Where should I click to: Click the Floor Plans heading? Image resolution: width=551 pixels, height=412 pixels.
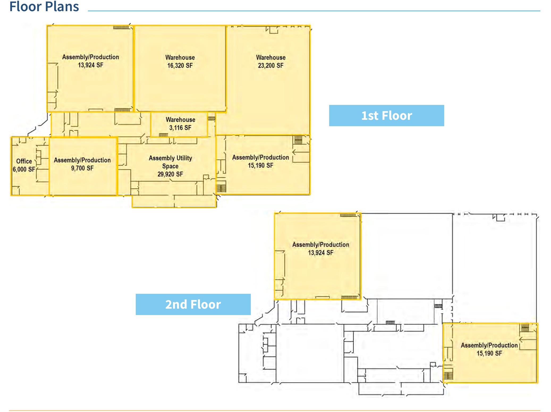pyautogui.click(x=44, y=6)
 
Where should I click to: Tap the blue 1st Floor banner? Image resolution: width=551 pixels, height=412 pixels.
pyautogui.click(x=387, y=116)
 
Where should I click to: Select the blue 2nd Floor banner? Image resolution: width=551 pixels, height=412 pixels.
pyautogui.click(x=193, y=304)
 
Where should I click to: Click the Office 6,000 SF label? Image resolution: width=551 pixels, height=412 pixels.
pyautogui.click(x=24, y=165)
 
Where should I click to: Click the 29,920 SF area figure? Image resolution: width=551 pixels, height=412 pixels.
pyautogui.click(x=170, y=174)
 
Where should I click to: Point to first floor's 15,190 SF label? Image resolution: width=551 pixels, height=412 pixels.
pyautogui.click(x=261, y=165)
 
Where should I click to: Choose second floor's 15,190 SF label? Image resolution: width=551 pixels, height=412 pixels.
pyautogui.click(x=489, y=353)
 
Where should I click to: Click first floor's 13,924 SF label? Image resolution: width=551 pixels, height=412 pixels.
pyautogui.click(x=91, y=65)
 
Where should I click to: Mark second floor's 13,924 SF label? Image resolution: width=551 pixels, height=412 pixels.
pyautogui.click(x=321, y=253)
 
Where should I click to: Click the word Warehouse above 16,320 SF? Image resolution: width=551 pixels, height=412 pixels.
pyautogui.click(x=180, y=57)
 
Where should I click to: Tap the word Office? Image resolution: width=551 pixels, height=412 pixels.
pyautogui.click(x=24, y=161)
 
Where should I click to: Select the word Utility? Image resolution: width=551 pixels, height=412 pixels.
pyautogui.click(x=184, y=158)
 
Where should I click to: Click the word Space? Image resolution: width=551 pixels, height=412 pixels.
pyautogui.click(x=170, y=166)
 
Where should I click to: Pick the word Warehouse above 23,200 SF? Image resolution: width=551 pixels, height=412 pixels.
pyautogui.click(x=271, y=57)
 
